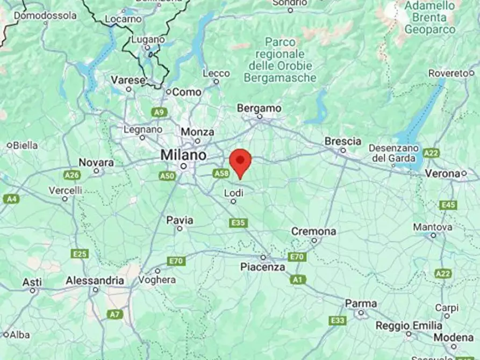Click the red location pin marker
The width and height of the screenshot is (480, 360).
(x=240, y=162)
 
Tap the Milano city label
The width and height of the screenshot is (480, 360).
(x=183, y=155)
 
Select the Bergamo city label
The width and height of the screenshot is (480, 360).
(x=259, y=109)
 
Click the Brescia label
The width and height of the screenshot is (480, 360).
(x=342, y=141)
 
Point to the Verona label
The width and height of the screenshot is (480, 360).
(x=442, y=174)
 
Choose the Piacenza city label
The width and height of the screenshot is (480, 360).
(x=262, y=267)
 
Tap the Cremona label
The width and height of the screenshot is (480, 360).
(x=313, y=232)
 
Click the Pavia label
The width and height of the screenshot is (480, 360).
(x=180, y=220)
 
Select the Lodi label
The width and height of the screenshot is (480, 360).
(x=233, y=192)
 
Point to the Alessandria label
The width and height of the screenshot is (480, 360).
(x=95, y=280)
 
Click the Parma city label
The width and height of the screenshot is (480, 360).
(x=361, y=304)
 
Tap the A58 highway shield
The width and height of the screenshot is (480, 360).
(x=221, y=173)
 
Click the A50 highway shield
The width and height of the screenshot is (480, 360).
(x=167, y=176)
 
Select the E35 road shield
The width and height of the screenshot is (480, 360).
(x=238, y=222)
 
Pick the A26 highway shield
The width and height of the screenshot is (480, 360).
(x=71, y=175)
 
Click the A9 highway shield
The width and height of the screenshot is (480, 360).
(x=158, y=112)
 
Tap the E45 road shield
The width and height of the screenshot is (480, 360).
(x=448, y=205)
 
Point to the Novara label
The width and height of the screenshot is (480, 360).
(x=96, y=162)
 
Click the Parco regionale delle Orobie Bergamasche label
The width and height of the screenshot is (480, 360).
(x=280, y=60)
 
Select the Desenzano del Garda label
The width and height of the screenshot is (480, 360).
(x=393, y=153)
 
